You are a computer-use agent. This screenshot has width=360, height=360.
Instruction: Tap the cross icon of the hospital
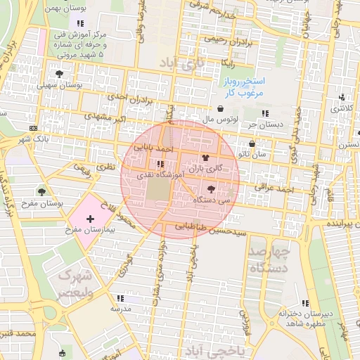pyautogui.click(x=90, y=219)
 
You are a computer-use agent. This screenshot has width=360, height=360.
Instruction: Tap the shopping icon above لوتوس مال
pyautogui.click(x=222, y=109)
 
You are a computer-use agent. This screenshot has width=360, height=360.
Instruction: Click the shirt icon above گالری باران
pyautogui.click(x=205, y=158)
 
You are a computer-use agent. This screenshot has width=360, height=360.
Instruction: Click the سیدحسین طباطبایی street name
pyautogui.click(x=211, y=229)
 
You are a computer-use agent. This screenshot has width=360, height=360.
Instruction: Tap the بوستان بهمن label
pyautogui.click(x=63, y=6)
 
